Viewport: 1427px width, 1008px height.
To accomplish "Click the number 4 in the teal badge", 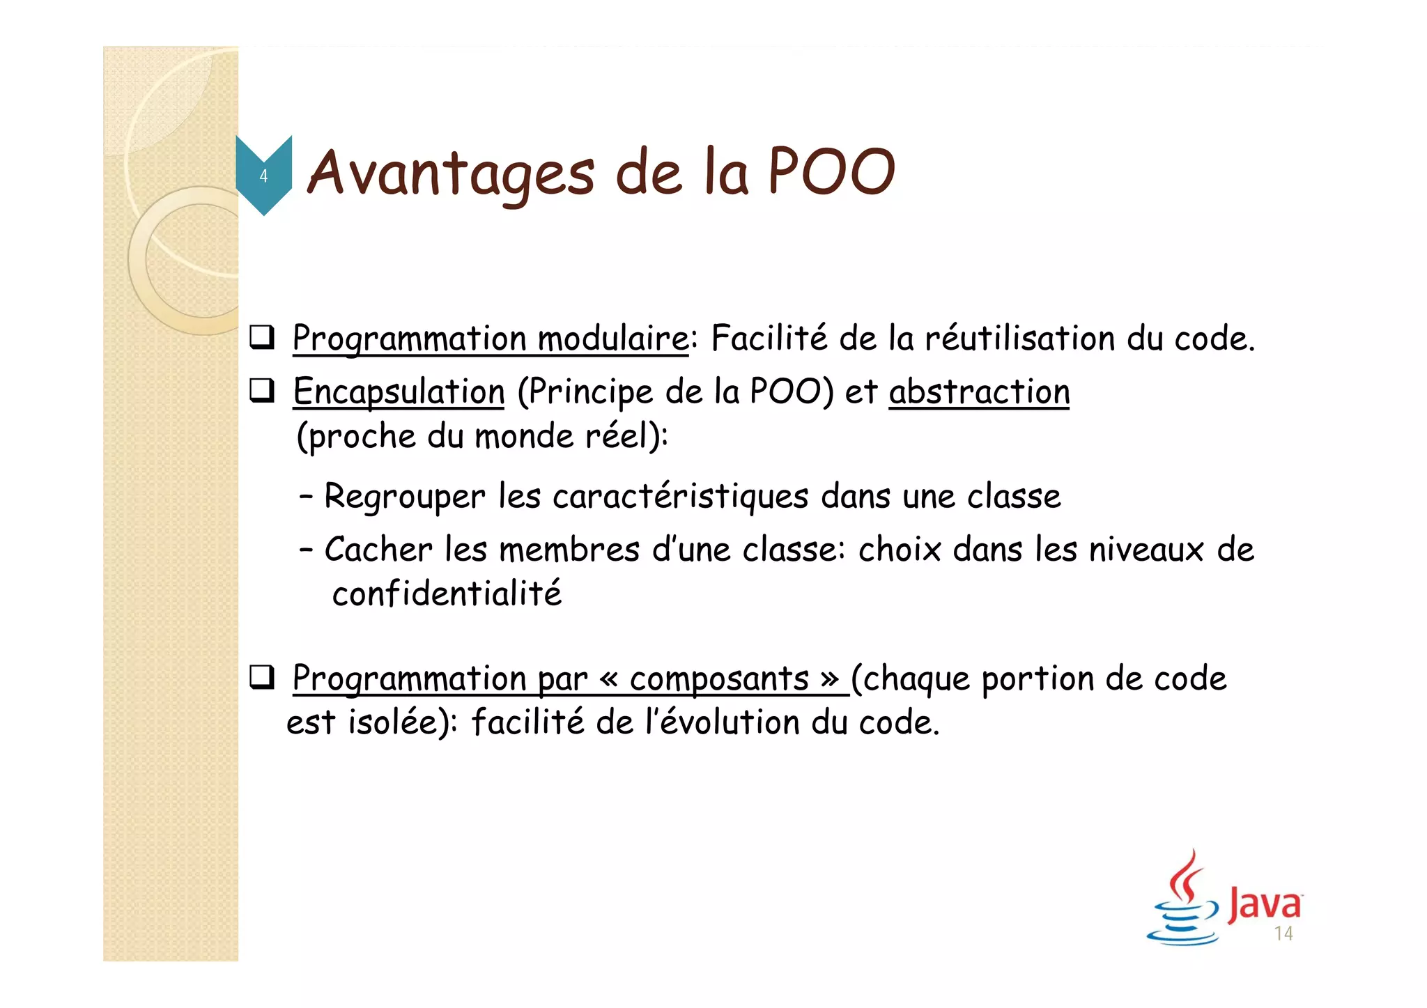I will tap(263, 176).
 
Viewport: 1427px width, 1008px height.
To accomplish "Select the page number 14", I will tap(1283, 934).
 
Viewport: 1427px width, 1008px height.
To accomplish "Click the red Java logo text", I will tap(1264, 904).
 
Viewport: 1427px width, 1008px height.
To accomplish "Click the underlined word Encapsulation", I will tap(399, 391).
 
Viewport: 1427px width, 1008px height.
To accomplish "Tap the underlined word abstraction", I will tap(979, 391).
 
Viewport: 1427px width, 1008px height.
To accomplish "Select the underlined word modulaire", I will tap(613, 339).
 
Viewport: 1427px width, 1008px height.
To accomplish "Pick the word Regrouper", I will tap(404, 497).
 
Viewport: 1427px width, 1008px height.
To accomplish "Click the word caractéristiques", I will tap(681, 497).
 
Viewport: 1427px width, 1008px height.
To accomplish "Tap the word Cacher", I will tap(378, 550).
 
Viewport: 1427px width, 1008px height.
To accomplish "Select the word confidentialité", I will tap(447, 594).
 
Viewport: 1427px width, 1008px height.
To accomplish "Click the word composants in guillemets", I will tap(719, 679).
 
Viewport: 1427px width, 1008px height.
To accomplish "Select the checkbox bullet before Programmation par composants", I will tap(262, 678).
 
